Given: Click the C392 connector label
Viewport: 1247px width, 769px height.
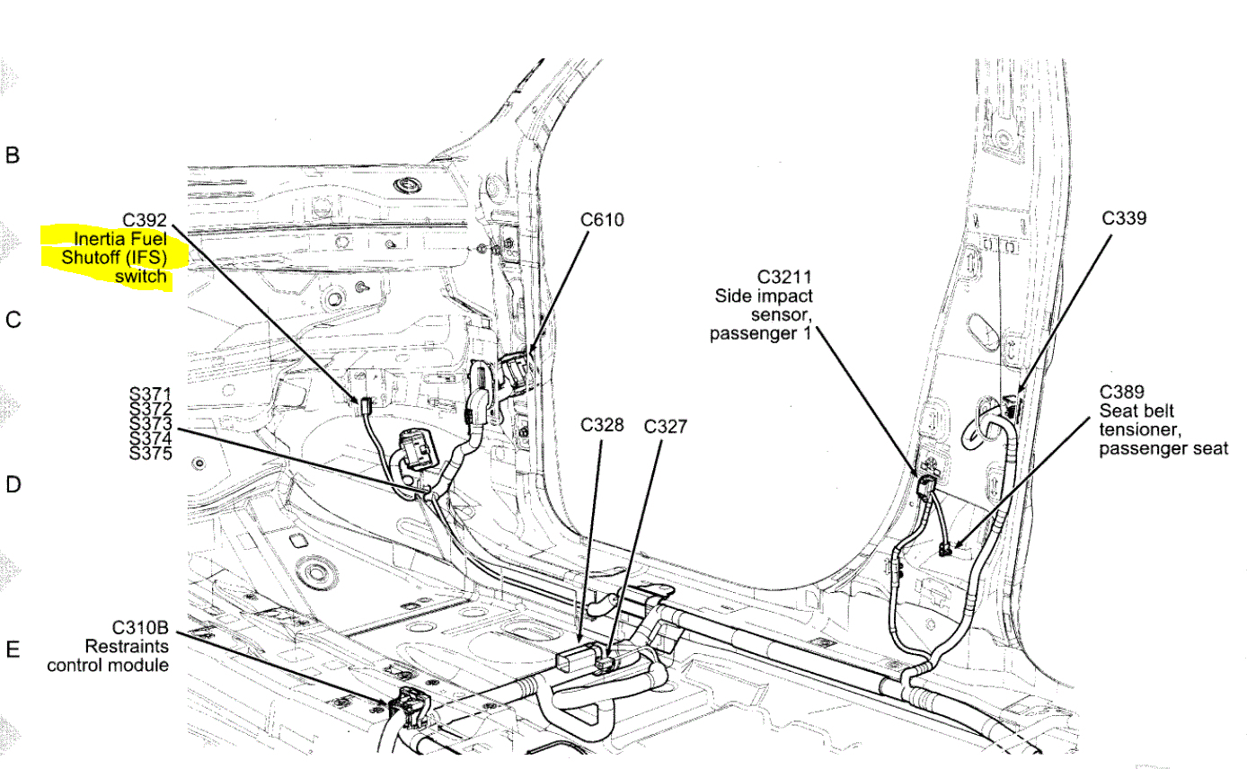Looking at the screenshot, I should [x=145, y=218].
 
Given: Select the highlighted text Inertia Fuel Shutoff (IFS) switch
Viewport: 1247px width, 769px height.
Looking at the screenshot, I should [x=112, y=256].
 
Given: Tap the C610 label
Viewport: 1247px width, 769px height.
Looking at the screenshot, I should [x=601, y=219].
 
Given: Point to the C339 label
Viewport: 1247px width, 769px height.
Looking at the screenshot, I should [x=1123, y=217].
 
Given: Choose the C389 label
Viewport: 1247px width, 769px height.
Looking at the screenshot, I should [x=1121, y=392].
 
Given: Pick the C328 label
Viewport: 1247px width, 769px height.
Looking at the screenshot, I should [x=601, y=425].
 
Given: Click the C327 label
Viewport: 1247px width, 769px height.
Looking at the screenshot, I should [x=665, y=426].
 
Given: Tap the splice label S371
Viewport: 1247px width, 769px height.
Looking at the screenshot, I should [x=150, y=393].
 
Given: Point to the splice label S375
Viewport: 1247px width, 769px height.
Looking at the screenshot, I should [x=150, y=452].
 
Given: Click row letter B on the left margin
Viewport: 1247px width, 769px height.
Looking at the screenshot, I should [x=13, y=155].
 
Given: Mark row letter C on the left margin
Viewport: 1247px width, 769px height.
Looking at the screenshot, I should [x=13, y=320].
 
